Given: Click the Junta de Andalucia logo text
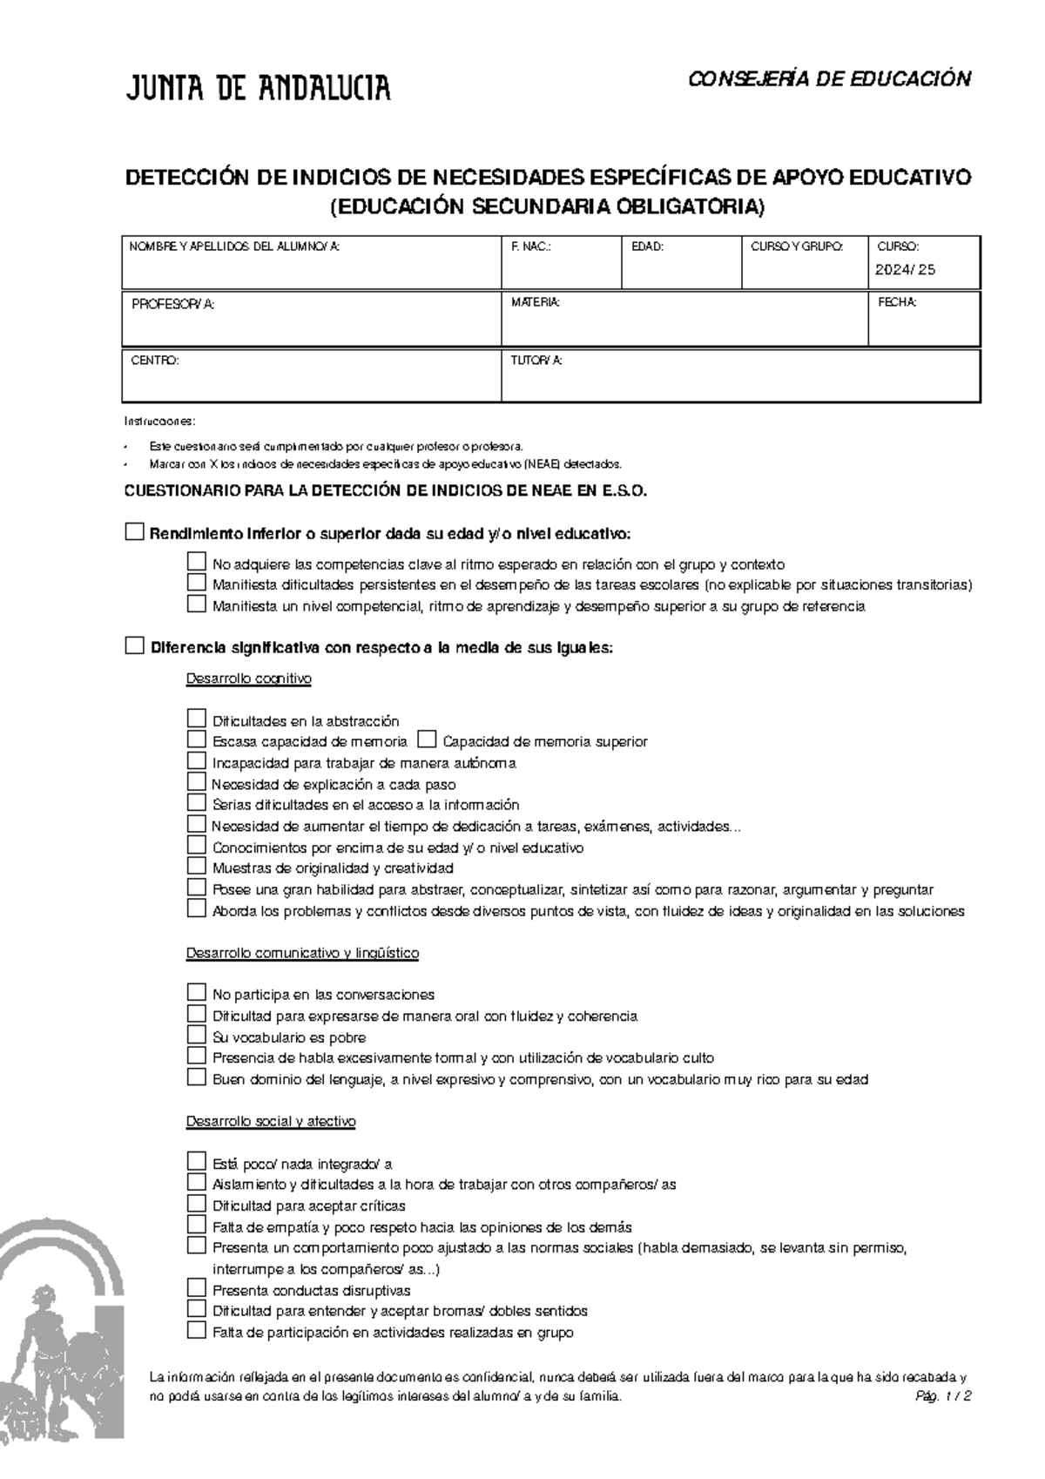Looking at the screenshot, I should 259,87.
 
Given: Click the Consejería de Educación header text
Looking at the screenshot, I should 829,79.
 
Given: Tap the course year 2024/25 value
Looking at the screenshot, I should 905,270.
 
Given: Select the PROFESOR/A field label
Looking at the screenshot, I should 172,304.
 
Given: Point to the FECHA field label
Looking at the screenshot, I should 897,303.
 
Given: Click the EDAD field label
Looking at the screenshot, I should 647,247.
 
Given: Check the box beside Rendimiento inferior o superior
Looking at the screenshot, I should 134,532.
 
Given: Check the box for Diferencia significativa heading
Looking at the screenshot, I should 134,646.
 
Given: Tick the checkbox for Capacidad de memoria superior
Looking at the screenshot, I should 427,740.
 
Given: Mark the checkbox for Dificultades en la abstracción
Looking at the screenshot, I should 196,719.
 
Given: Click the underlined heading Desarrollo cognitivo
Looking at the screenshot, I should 248,679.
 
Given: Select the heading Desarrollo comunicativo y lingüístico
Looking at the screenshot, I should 302,953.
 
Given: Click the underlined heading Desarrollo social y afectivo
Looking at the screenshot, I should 271,1122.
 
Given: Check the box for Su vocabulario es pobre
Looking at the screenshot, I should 196,1036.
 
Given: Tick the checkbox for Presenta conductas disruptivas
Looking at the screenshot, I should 196,1289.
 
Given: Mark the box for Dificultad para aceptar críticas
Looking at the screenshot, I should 196,1205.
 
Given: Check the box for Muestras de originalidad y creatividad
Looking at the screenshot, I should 196,867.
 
